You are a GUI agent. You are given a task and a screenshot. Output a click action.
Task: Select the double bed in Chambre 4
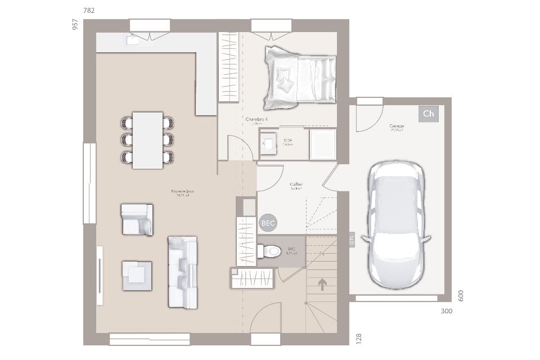[x=300, y=78]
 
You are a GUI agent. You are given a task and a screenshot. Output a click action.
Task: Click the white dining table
[x=147, y=140]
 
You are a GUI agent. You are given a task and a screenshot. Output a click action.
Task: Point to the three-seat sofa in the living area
[x=182, y=272]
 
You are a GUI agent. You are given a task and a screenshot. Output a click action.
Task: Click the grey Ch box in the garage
[x=428, y=114]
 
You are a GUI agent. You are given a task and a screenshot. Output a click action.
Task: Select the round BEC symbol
[x=268, y=223]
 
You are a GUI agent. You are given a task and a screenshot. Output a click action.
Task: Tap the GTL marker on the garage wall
[x=352, y=240]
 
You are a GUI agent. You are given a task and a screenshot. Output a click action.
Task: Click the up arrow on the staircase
[x=322, y=285]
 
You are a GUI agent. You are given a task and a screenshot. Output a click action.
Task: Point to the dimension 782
[x=89, y=11]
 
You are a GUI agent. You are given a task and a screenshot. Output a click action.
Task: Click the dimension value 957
[x=75, y=25]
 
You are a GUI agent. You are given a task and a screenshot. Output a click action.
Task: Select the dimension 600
[x=461, y=296]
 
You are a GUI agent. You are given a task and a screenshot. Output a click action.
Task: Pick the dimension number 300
[x=446, y=311]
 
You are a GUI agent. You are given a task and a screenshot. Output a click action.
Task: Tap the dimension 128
[x=359, y=338]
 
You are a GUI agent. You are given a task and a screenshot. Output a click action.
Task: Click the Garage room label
[x=397, y=127]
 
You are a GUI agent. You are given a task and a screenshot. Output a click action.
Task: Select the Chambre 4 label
[x=256, y=120]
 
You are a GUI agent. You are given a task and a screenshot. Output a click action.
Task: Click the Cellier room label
[x=296, y=184]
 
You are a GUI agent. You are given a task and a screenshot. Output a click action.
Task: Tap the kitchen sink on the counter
[x=133, y=39]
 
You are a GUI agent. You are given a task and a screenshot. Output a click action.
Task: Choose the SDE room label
[x=288, y=141]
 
